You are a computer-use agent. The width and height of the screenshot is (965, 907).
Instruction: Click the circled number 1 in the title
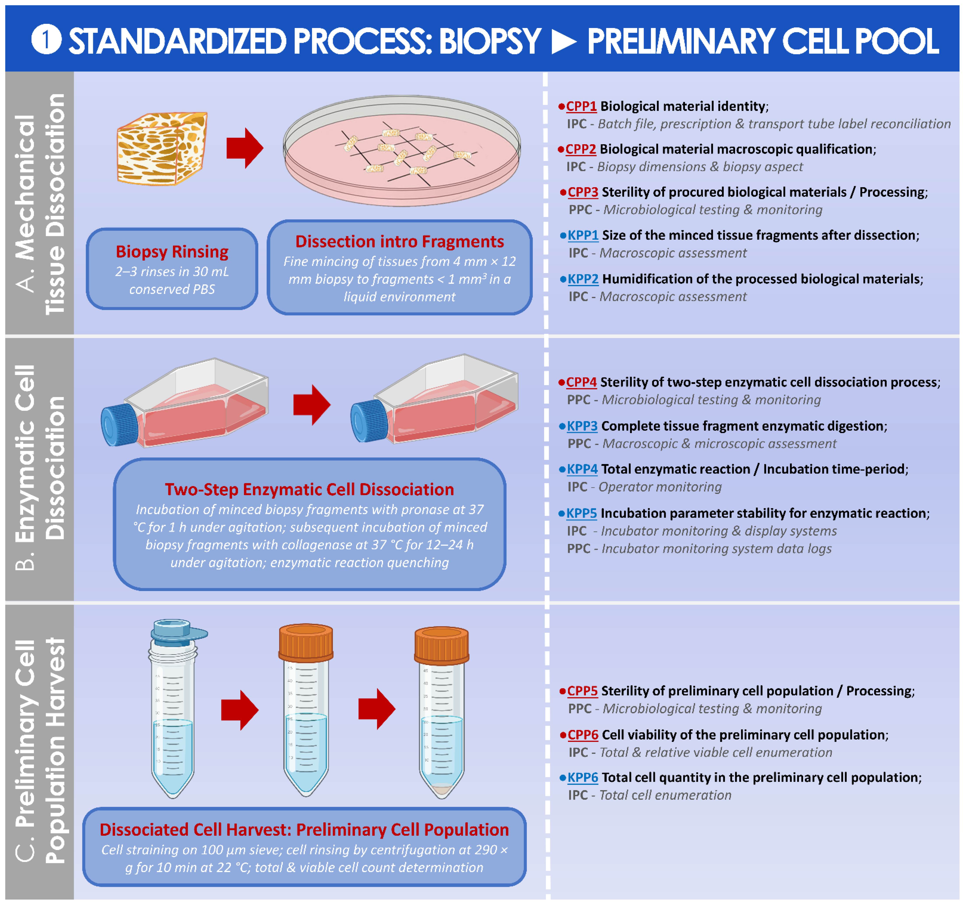pos(46,40)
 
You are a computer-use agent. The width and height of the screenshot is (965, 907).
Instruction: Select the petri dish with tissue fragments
pos(402,150)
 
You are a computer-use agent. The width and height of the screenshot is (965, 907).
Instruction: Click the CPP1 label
pos(581,106)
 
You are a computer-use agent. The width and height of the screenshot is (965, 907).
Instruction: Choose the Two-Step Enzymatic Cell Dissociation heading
pos(309,489)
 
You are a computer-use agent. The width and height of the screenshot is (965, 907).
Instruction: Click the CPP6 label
pos(583,735)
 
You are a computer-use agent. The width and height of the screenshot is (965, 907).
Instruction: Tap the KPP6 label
pos(583,777)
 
